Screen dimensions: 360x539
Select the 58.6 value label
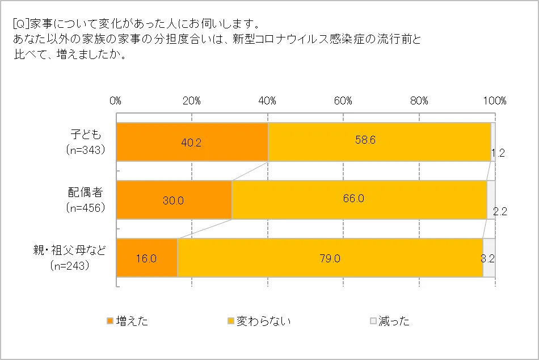(x=365, y=141)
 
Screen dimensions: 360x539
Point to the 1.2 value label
(x=497, y=153)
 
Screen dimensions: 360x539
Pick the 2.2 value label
(x=499, y=212)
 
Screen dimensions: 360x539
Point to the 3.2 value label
(x=487, y=258)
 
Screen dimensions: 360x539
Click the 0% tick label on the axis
(x=116, y=101)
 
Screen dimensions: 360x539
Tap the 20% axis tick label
(x=192, y=101)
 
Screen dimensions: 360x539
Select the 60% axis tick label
(x=343, y=101)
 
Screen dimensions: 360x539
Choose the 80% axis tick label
(x=419, y=101)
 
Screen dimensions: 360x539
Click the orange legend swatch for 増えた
(x=110, y=321)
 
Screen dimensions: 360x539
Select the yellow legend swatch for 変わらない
(x=231, y=321)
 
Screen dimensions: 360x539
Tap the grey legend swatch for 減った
(x=373, y=321)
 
